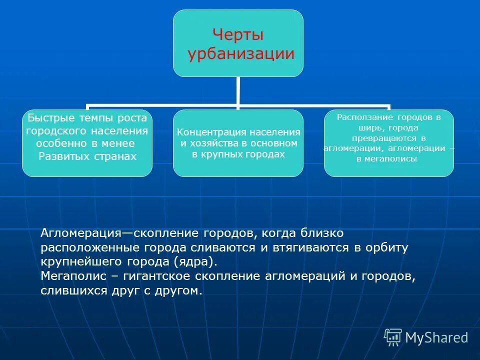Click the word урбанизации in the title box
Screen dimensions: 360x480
(240, 53)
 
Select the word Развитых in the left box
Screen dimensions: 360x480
(61, 156)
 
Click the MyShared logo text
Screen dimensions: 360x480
(436, 337)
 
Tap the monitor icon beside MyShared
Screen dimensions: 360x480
(393, 337)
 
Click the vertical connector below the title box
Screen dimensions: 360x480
(238, 91)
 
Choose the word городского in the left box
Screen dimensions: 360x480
(56, 131)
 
